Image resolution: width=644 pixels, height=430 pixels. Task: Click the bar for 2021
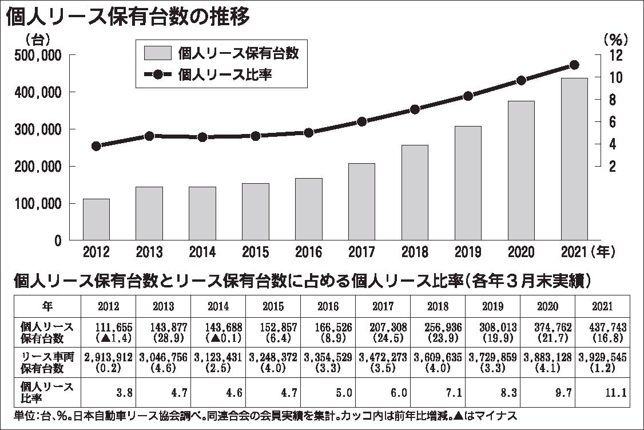coord(574,159)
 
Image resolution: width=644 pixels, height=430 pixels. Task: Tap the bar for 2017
coord(361,202)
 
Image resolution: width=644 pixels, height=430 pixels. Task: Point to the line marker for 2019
coord(468,96)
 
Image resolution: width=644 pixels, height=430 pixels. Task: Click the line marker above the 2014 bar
coord(202,137)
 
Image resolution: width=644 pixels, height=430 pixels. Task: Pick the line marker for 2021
coord(575,65)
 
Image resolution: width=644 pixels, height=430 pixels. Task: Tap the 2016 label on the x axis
coord(308,253)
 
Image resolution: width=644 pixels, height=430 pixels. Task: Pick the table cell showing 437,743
coord(603,327)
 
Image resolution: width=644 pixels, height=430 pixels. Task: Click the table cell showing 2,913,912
coord(108,357)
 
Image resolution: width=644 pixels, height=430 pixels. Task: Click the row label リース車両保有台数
coord(47,362)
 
